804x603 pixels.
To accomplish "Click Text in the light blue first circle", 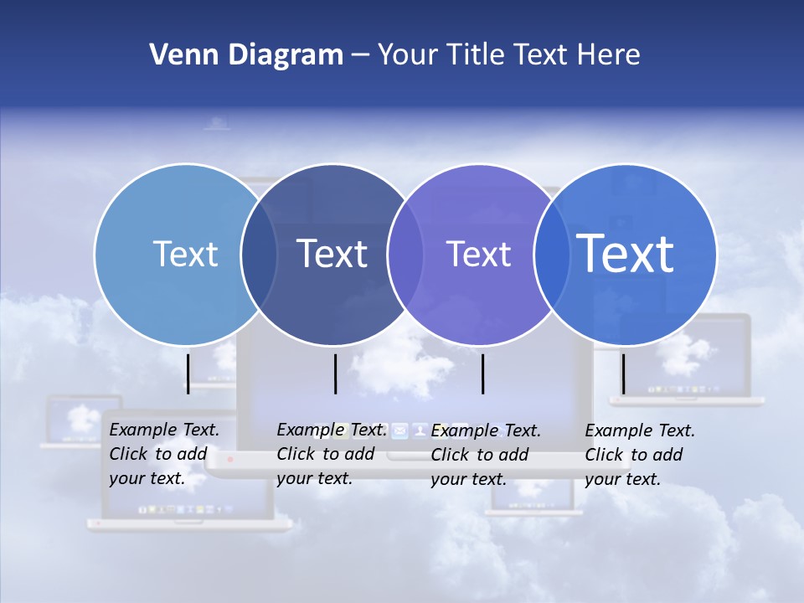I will pos(185,254).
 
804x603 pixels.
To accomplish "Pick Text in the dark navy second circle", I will pos(332,254).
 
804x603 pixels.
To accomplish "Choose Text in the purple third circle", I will pos(478,254).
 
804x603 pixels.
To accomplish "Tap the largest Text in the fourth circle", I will pos(625,253).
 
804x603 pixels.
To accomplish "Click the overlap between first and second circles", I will pos(259,255).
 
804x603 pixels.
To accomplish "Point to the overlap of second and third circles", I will pos(405,255).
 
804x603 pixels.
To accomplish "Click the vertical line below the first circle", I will pos(188,374).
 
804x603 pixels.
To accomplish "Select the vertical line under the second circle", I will pos(335,374).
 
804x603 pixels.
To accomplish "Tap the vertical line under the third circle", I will pos(483,374).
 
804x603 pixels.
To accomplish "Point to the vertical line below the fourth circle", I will pos(623,374).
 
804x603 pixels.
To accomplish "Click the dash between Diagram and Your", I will pos(360,56).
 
